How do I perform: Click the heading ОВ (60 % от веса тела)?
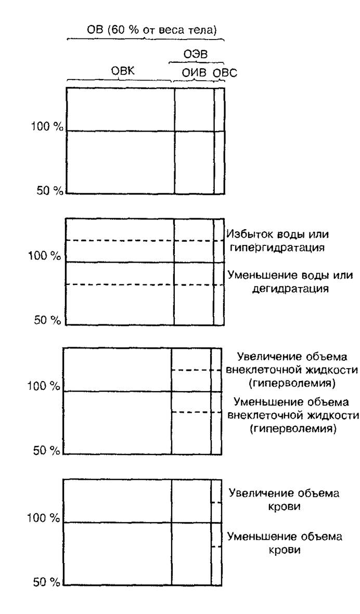(x=151, y=31)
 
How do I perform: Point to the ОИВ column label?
(x=193, y=73)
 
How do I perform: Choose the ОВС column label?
(x=225, y=73)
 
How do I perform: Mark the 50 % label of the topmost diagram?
(x=48, y=191)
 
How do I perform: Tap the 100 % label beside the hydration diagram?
(x=45, y=257)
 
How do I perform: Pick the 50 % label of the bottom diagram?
(x=47, y=582)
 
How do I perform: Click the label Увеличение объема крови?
(x=285, y=499)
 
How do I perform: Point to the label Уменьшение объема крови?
(x=285, y=543)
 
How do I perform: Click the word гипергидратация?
(x=278, y=247)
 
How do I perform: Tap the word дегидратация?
(x=290, y=289)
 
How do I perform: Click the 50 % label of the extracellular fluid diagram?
(x=47, y=451)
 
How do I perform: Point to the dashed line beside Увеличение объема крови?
(x=216, y=502)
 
